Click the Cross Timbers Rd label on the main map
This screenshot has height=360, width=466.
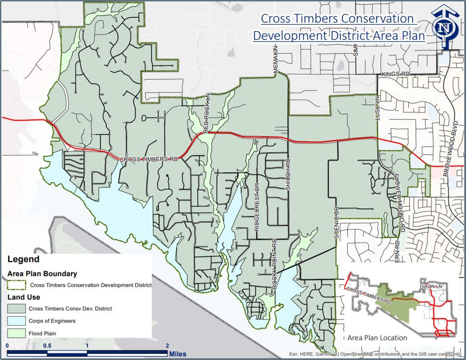[x=149, y=160]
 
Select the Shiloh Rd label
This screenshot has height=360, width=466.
[x=288, y=174]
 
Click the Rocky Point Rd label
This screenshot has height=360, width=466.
[x=274, y=264]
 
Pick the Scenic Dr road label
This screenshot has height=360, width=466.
[x=336, y=223]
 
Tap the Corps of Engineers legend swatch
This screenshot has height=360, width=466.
[x=16, y=321]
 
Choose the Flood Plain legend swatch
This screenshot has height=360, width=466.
[x=16, y=333]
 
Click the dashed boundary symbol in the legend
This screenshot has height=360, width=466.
[x=16, y=285]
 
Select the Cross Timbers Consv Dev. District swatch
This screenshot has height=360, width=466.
[x=16, y=309]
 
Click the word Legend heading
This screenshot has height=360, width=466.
[x=23, y=259]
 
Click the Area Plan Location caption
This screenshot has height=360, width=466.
[x=377, y=338]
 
